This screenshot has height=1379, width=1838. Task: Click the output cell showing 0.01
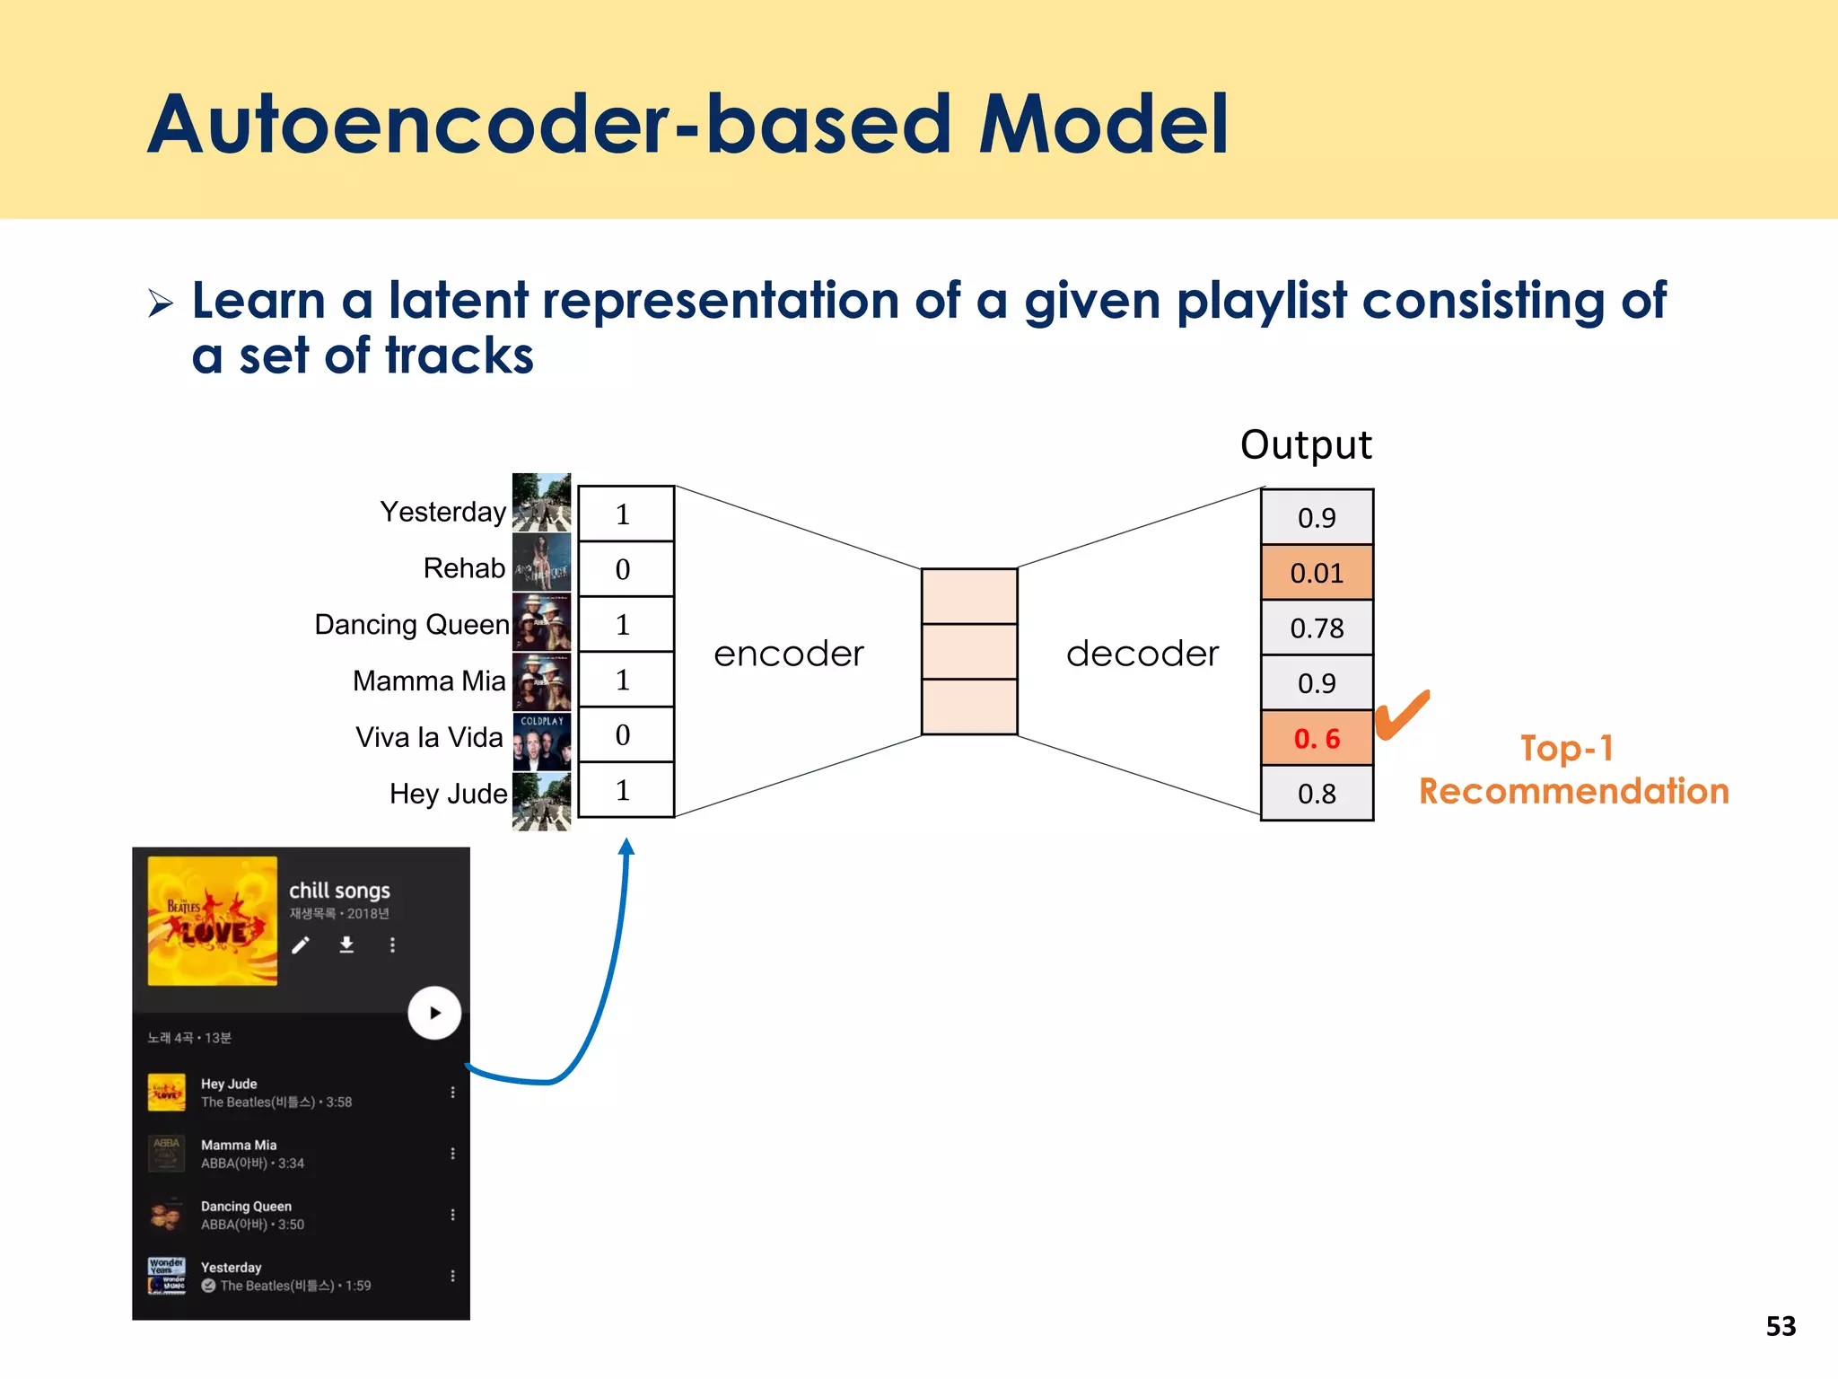[1317, 573]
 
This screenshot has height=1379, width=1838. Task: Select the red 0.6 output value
[1317, 739]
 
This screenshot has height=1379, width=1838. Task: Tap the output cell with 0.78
[1317, 628]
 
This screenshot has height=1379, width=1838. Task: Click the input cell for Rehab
[626, 569]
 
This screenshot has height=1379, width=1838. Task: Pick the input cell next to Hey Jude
[626, 790]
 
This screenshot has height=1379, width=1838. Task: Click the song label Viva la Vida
[429, 737]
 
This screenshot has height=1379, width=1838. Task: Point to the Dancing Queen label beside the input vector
[412, 624]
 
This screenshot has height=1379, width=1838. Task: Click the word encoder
[789, 654]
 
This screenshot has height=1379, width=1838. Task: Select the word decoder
[1142, 654]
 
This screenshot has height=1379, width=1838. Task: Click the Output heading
[1306, 445]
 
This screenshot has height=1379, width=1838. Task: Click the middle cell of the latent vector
[969, 652]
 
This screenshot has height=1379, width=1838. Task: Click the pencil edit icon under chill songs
[301, 945]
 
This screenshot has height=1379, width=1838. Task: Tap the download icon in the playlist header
[346, 944]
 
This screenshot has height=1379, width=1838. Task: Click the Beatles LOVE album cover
[213, 921]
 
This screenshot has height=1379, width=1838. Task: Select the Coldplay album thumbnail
[541, 742]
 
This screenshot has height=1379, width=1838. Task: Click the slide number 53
[1781, 1326]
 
